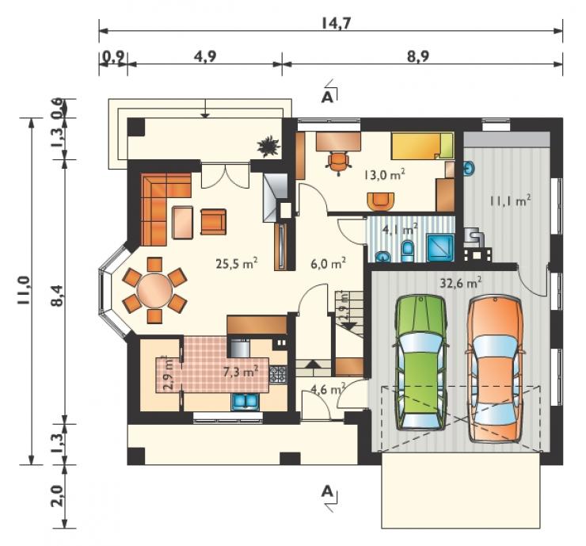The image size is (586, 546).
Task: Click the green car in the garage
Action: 420,362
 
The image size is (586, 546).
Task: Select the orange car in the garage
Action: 494,368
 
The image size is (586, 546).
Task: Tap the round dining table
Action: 154,290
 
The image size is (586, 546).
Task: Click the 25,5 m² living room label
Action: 237,264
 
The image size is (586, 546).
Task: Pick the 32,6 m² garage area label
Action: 460,283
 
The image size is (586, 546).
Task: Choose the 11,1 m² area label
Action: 511,200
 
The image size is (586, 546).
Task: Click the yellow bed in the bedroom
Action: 422,146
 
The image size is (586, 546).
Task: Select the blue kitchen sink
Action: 246,402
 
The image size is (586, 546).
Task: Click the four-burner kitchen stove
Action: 278,374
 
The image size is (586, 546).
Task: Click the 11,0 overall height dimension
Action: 24,290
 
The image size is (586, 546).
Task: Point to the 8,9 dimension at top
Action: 418,56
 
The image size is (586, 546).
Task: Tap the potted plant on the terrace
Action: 268,147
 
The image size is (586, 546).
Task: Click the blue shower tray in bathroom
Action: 440,247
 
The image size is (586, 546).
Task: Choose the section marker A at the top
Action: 327,97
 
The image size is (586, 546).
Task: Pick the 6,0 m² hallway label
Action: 328,264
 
